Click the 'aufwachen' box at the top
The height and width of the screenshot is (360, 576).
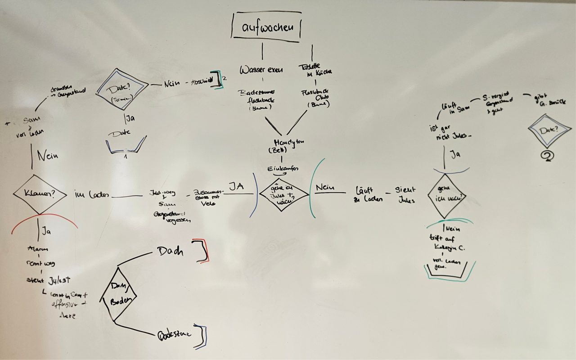pos(266,27)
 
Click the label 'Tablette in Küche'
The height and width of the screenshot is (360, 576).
pos(315,69)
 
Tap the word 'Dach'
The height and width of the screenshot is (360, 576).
pos(170,252)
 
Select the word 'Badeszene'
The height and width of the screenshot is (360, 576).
pos(175,334)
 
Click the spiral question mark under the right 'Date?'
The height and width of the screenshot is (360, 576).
pos(548,155)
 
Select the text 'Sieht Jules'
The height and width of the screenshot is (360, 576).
pos(405,194)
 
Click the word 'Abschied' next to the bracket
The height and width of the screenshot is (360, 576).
pos(200,82)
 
